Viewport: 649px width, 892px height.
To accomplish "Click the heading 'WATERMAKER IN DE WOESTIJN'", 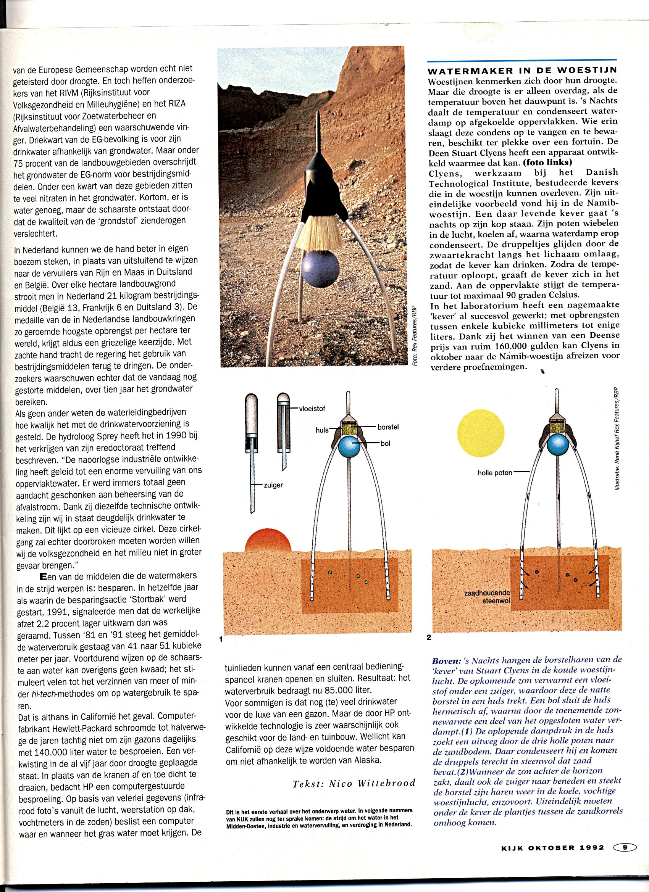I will [522, 72].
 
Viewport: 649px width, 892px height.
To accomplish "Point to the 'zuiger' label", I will [273, 485].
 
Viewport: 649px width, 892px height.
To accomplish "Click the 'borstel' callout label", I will [388, 427].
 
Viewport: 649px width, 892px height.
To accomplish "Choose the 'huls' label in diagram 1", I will [322, 430].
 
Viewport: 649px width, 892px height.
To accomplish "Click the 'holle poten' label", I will [495, 472].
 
